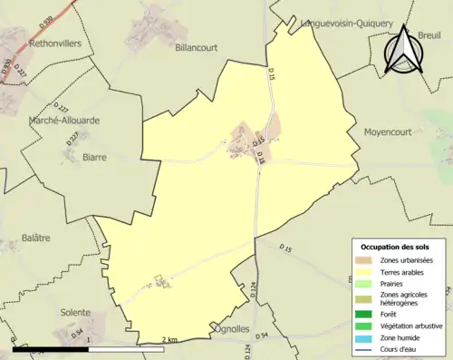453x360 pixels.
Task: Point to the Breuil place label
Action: click(434, 35)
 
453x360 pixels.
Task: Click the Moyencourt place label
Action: click(389, 132)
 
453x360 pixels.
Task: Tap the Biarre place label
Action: click(94, 157)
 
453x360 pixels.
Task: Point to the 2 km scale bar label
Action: click(169, 340)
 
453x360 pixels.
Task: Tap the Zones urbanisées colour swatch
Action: click(366, 261)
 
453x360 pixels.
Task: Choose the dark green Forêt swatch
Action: click(366, 316)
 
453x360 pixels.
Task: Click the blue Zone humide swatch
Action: click(366, 339)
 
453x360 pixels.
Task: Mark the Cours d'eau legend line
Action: click(366, 350)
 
